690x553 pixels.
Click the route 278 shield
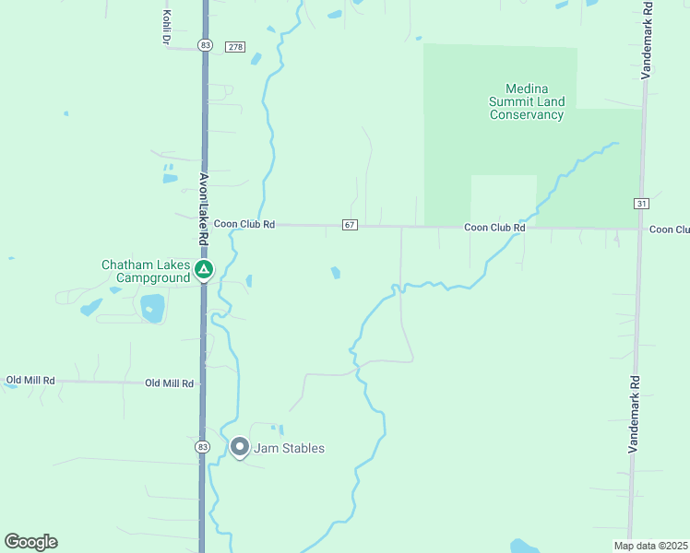235,46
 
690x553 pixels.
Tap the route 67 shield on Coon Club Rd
349,225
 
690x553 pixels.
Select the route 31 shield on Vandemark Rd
641,203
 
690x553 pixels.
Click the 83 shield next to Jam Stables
203,446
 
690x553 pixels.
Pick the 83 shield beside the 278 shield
205,45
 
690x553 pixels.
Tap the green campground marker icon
204,270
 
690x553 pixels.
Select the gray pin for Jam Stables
240,448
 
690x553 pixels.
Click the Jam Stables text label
290,449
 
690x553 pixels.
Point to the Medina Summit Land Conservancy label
527,101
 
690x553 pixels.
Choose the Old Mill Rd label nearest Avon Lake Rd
169,383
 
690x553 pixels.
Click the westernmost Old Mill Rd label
30,380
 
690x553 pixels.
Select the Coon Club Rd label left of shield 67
244,224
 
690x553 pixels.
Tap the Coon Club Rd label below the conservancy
494,227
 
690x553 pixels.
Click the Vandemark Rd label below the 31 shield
634,412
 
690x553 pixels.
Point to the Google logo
31,542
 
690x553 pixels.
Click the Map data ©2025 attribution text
650,546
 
